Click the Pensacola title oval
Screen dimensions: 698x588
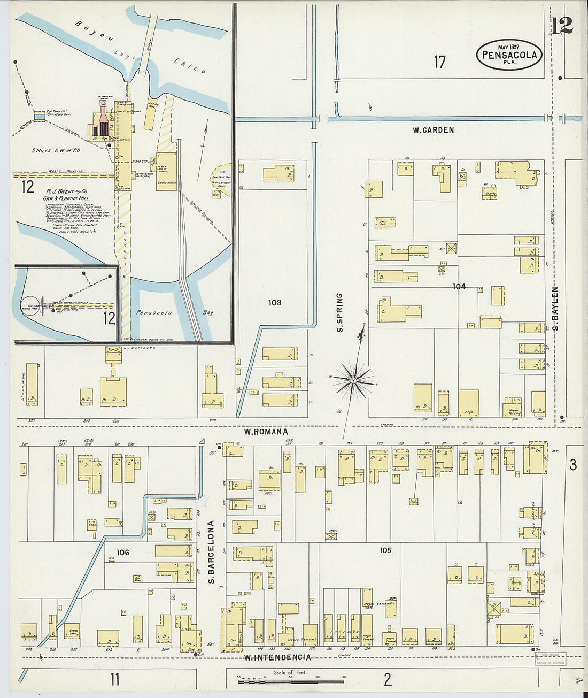coord(509,55)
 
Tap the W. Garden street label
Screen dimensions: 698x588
coord(433,130)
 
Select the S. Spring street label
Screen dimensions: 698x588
coord(339,312)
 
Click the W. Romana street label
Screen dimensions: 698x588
coord(266,432)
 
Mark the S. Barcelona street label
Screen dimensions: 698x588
coord(211,551)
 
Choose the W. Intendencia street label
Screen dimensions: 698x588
coord(277,657)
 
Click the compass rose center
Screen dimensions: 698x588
coord(353,380)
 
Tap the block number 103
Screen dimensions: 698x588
coord(275,303)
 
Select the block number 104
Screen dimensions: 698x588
coord(459,287)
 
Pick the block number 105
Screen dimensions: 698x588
coord(385,550)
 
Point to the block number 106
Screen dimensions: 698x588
coord(123,552)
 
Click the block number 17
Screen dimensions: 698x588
coord(439,62)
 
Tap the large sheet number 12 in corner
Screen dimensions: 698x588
coord(561,26)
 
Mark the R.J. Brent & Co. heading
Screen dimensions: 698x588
coord(67,191)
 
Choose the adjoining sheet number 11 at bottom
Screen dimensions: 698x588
coord(114,679)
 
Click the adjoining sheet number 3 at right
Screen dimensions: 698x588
coord(573,465)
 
